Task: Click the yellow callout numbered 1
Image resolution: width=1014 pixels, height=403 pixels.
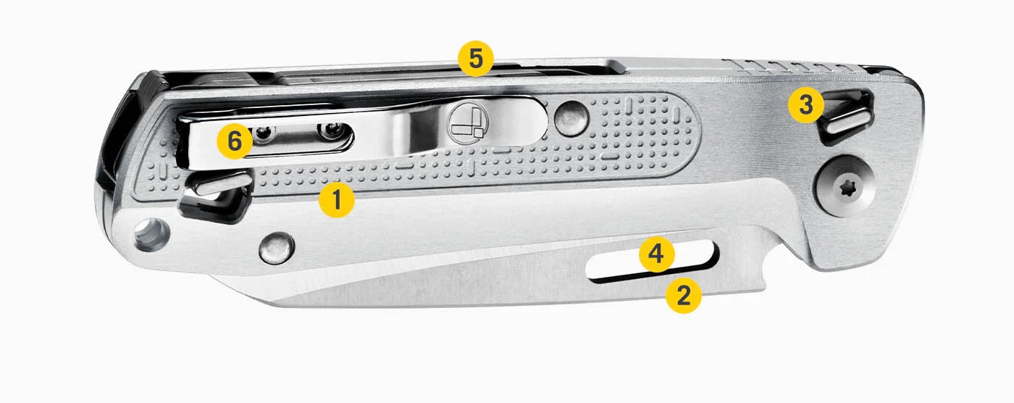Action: tap(336, 199)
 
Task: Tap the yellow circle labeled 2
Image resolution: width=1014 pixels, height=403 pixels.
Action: tap(683, 295)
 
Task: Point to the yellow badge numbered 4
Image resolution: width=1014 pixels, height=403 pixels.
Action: tap(656, 254)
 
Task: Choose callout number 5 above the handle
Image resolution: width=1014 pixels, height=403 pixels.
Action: tap(475, 58)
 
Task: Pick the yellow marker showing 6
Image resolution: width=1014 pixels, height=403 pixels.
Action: tap(234, 141)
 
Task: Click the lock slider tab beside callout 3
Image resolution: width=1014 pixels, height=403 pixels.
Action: tap(847, 122)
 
